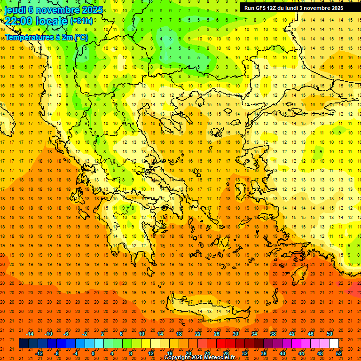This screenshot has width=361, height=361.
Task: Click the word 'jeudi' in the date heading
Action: click(15, 10)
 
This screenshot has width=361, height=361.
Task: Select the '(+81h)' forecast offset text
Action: click(82, 21)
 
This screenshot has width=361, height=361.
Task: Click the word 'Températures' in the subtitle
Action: click(28, 37)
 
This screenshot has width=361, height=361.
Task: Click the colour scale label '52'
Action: click(339, 353)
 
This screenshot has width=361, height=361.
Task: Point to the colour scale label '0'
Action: click(93, 353)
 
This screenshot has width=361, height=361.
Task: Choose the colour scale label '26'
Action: click(217, 334)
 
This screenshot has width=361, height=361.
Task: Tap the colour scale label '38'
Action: click(273, 334)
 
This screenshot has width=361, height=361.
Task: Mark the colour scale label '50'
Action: click(330, 334)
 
